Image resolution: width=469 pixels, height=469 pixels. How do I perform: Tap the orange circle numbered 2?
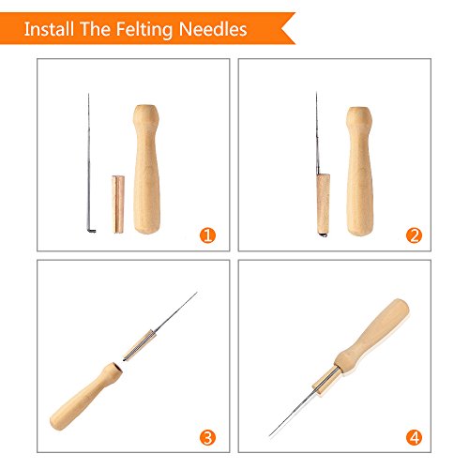(413, 234)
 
